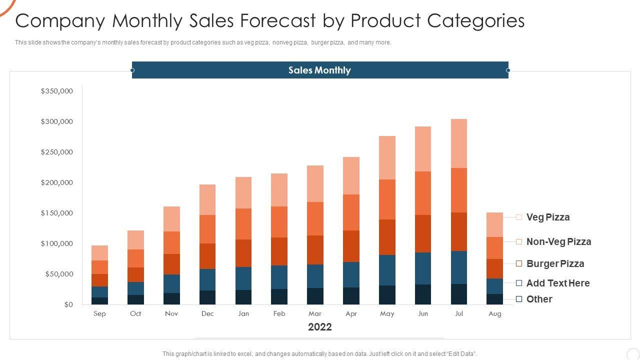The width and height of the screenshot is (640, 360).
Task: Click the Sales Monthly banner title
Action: (x=319, y=70)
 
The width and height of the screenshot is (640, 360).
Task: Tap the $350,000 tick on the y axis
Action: (x=57, y=91)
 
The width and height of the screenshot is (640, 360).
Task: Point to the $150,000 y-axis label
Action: (x=57, y=213)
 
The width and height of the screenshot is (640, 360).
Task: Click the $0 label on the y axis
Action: (x=68, y=304)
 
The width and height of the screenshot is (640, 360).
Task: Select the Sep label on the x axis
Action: (x=99, y=314)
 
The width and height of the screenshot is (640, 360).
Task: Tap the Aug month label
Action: (x=494, y=314)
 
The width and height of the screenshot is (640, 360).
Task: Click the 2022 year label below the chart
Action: (x=319, y=327)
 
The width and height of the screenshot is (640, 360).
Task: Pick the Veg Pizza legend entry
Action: (x=547, y=217)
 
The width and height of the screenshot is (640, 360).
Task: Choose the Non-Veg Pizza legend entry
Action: (x=558, y=242)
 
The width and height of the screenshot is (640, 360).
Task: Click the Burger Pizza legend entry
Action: (x=554, y=264)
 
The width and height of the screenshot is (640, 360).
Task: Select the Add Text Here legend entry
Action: (x=557, y=283)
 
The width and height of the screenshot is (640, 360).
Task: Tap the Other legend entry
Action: (x=539, y=299)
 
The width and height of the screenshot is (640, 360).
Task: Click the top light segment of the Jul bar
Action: (x=458, y=143)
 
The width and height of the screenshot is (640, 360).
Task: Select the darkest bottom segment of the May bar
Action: (x=387, y=295)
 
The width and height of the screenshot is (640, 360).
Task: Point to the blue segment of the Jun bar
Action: (x=423, y=268)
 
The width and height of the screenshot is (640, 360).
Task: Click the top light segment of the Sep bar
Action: (x=99, y=253)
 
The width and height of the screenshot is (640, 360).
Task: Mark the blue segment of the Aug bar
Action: (x=494, y=286)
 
